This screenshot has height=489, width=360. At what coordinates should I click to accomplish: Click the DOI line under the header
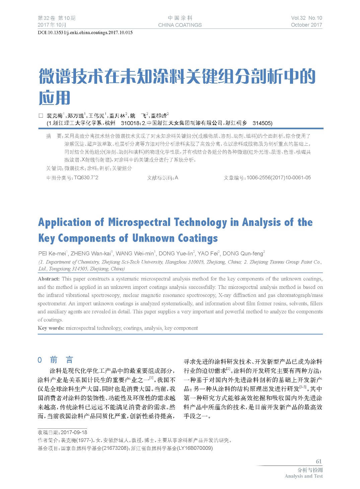(x=85, y=33)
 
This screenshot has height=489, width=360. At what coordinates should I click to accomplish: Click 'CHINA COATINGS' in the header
(x=180, y=25)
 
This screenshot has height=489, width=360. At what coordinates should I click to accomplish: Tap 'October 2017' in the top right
(x=306, y=25)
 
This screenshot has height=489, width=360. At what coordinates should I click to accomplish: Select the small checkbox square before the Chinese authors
(x=41, y=116)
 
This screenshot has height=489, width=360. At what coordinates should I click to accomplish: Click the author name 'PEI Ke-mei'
(x=52, y=253)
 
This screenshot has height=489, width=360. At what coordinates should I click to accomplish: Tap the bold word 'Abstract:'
(x=49, y=279)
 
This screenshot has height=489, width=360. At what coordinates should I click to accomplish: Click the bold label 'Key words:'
(x=51, y=328)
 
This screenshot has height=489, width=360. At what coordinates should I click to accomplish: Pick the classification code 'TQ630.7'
(x=85, y=178)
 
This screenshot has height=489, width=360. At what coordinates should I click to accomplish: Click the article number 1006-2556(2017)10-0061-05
(x=279, y=178)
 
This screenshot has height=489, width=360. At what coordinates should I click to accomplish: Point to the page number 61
(x=318, y=462)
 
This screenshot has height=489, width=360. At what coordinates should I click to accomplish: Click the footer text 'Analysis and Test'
(x=303, y=476)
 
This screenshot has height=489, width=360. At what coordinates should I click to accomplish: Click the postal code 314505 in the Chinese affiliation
(x=262, y=123)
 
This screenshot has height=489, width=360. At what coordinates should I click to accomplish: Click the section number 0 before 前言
(x=40, y=360)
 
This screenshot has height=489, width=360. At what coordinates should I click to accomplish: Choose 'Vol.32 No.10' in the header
(x=306, y=18)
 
